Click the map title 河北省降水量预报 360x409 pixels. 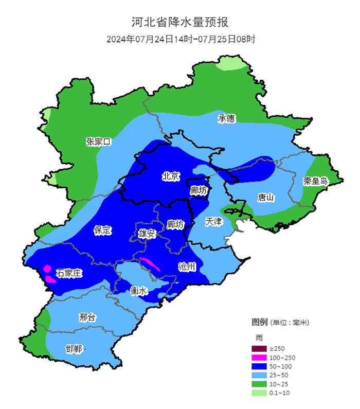(x=180, y=22)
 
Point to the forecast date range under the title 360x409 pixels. (x=181, y=39)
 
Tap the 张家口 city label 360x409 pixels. (x=98, y=141)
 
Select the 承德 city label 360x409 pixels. (x=226, y=119)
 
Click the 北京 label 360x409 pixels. (x=170, y=176)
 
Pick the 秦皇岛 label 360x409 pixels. (x=315, y=181)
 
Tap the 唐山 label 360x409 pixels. (x=266, y=198)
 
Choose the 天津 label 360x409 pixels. (x=213, y=222)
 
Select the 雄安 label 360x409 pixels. (x=147, y=234)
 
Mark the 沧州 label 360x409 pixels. (x=187, y=266)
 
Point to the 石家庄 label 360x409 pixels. (x=68, y=273)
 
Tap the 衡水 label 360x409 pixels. (x=139, y=291)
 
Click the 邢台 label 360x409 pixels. (x=87, y=317)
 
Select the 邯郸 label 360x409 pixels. (x=74, y=349)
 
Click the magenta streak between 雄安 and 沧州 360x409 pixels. (x=150, y=264)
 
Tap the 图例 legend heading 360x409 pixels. (x=259, y=322)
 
